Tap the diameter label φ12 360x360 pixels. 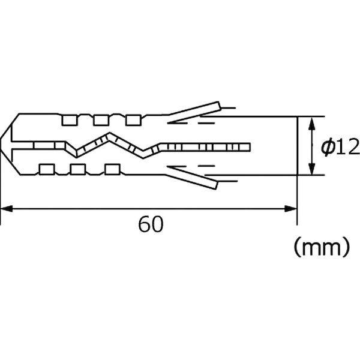pyautogui.click(x=339, y=146)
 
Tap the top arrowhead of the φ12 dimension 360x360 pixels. pyautogui.click(x=311, y=122)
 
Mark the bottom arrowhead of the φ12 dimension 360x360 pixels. pyautogui.click(x=311, y=170)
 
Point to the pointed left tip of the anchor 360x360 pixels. pyautogui.click(x=3, y=145)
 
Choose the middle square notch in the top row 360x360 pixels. pyautogui.click(x=101, y=121)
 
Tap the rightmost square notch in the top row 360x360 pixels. pyautogui.click(x=132, y=121)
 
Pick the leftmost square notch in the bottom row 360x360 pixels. pyautogui.click(x=46, y=169)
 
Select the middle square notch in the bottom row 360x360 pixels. pyautogui.click(x=76, y=169)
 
